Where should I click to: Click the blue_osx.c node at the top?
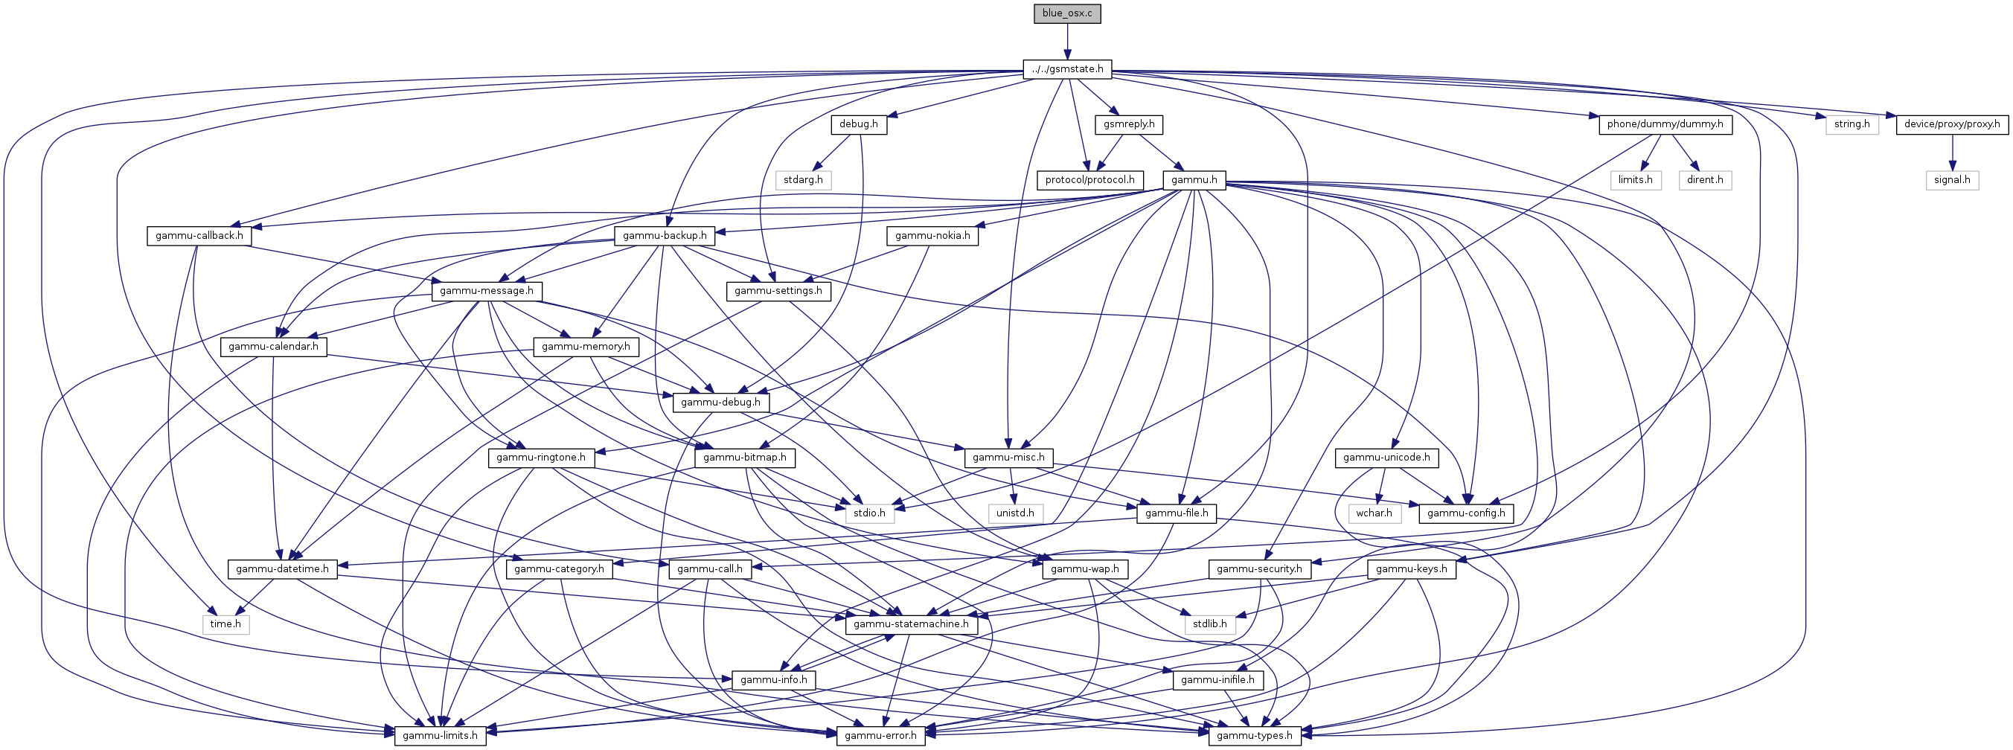1066,13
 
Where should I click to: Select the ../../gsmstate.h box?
1067,68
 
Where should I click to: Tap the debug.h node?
858,124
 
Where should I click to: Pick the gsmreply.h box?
1129,124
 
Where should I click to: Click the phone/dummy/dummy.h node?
1665,124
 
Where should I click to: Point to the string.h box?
1852,124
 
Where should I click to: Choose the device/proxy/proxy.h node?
1952,124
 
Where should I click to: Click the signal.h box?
1952,180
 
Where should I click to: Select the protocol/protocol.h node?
1090,180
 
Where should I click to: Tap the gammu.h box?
1195,180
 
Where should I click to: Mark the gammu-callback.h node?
199,235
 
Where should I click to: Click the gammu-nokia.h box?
932,235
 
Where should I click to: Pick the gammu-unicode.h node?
1386,457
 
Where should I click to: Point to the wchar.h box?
1374,513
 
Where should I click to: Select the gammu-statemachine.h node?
911,624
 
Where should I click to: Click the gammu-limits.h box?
440,735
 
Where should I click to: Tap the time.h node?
225,624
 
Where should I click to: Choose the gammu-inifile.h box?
1217,680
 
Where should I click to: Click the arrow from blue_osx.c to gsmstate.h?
1067,42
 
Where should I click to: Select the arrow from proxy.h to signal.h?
1952,153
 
